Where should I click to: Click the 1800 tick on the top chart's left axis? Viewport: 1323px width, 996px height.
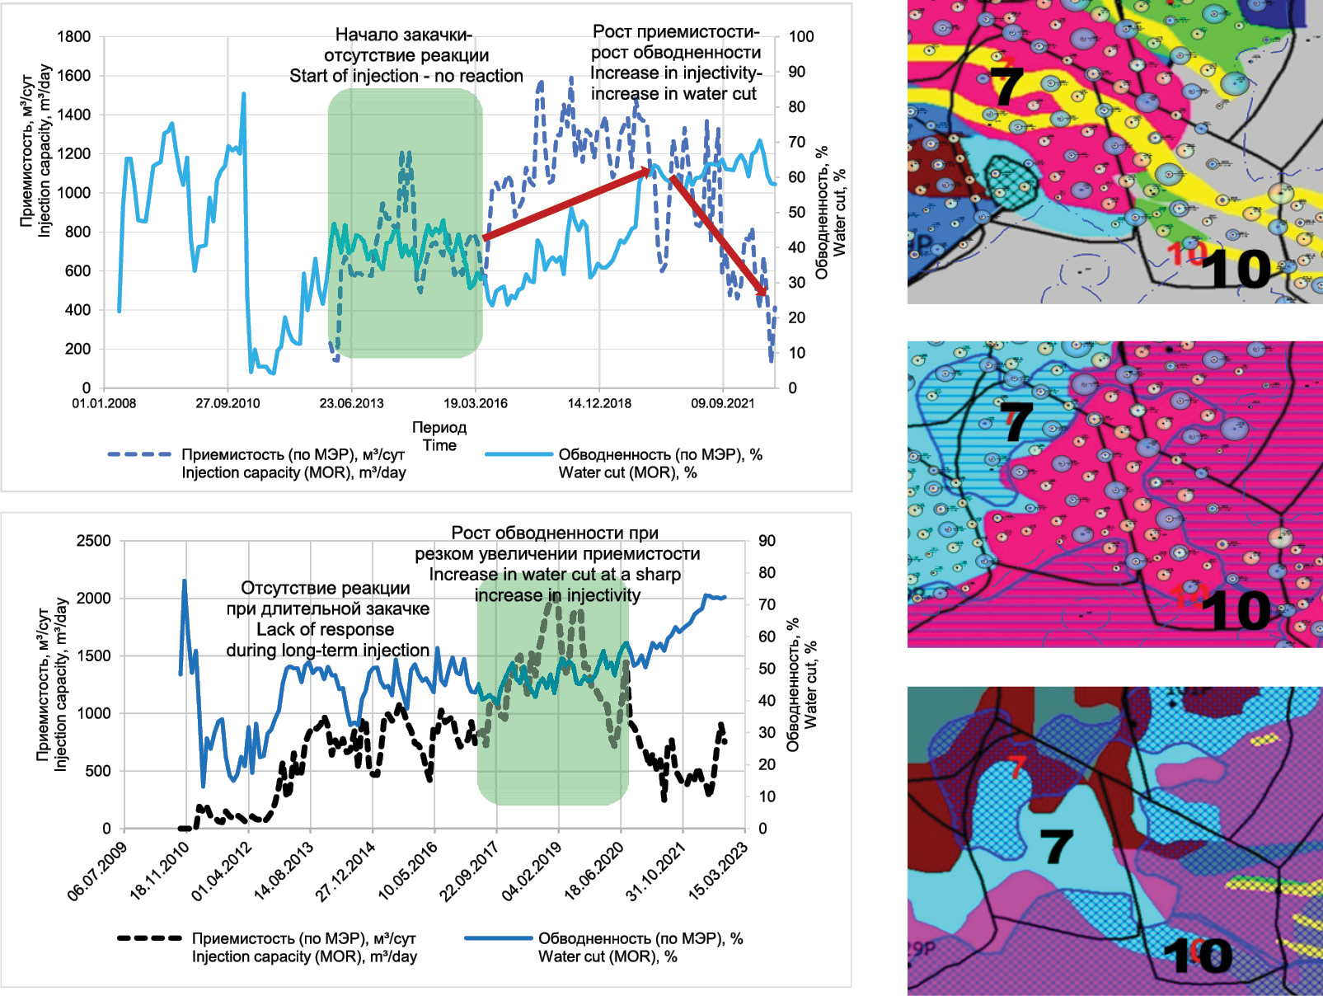pyautogui.click(x=74, y=36)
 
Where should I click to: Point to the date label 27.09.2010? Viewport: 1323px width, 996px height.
pyautogui.click(x=228, y=403)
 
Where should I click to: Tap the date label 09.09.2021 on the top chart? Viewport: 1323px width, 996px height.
pyautogui.click(x=723, y=403)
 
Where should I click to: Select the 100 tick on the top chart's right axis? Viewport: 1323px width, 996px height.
pyautogui.click(x=800, y=36)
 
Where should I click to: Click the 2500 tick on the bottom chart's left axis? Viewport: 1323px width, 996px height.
pyautogui.click(x=93, y=541)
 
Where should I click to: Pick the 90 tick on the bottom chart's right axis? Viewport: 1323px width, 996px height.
pyautogui.click(x=767, y=541)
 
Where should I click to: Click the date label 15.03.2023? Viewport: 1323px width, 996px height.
pyautogui.click(x=718, y=871)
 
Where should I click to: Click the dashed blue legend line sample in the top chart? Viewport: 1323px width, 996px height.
pyautogui.click(x=139, y=454)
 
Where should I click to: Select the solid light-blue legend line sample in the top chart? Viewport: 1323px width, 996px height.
pyautogui.click(x=518, y=454)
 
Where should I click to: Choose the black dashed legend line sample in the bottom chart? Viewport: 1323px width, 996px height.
pyautogui.click(x=149, y=938)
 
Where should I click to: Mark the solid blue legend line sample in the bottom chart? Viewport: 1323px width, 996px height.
pyautogui.click(x=498, y=938)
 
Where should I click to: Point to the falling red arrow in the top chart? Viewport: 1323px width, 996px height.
pyautogui.click(x=718, y=235)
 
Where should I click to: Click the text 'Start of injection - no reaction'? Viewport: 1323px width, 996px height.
pyautogui.click(x=406, y=76)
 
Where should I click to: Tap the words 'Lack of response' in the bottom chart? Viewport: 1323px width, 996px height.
pyautogui.click(x=325, y=629)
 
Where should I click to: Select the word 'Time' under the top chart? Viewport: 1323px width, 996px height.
pyautogui.click(x=439, y=445)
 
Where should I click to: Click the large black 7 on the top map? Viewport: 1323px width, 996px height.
pyautogui.click(x=1006, y=87)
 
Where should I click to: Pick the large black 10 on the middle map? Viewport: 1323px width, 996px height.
pyautogui.click(x=1236, y=611)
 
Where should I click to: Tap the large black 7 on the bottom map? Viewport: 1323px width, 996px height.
pyautogui.click(x=1056, y=846)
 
